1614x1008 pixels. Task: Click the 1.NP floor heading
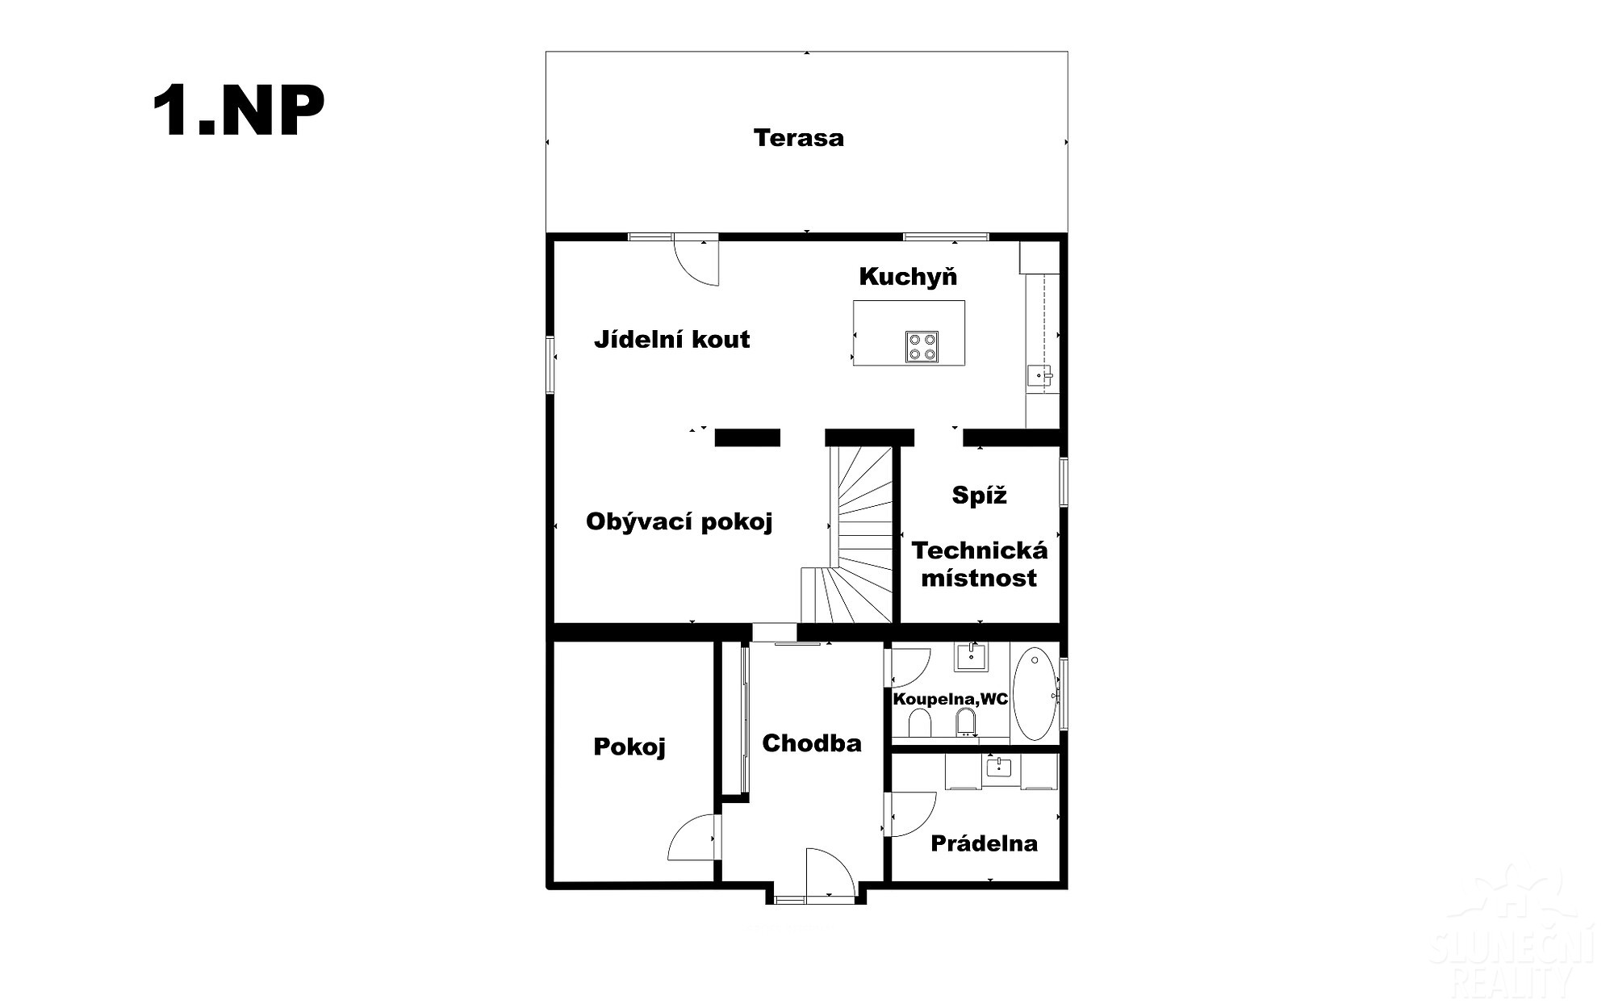(x=238, y=111)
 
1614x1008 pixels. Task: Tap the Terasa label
(x=799, y=138)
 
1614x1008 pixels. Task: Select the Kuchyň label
(x=908, y=276)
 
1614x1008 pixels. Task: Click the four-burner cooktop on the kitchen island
(x=922, y=346)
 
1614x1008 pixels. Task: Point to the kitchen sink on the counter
(x=1039, y=375)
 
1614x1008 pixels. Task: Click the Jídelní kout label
(x=672, y=339)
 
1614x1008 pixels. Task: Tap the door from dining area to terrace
(x=696, y=260)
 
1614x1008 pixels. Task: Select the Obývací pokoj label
(x=679, y=522)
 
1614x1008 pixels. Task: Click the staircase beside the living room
(x=848, y=534)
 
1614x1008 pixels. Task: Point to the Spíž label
(x=980, y=495)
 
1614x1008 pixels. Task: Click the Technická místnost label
(x=980, y=564)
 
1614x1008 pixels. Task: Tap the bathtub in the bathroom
(x=1035, y=693)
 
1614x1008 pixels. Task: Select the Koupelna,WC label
(x=951, y=699)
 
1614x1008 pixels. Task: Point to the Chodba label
(x=812, y=743)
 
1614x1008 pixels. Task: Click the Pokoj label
(x=629, y=747)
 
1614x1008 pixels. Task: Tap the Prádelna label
(x=985, y=843)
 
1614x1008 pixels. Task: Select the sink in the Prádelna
(x=1000, y=768)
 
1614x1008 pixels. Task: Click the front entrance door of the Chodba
(x=830, y=873)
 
